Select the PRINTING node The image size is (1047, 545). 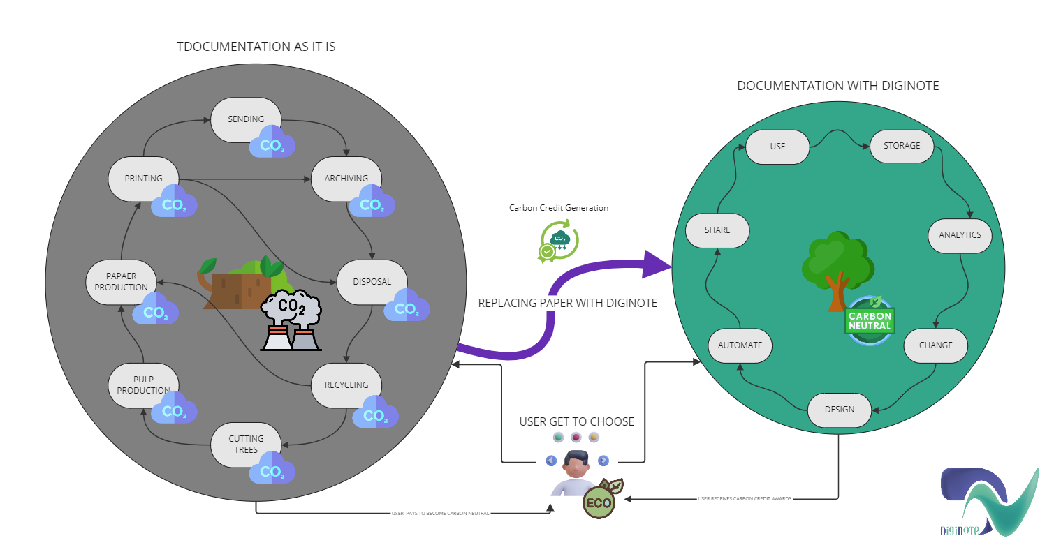coord(143,179)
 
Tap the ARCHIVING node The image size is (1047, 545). coord(346,179)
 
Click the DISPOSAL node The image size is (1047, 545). coord(372,282)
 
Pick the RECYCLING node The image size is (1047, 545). coord(346,385)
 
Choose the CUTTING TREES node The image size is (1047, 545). coord(246,445)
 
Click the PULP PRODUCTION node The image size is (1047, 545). coord(143,385)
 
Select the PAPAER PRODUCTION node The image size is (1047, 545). coord(121,282)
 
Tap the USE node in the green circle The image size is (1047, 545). coord(777,147)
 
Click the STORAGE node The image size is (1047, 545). coord(902,147)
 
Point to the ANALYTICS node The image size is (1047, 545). coord(960,235)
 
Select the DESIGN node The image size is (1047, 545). coord(840,410)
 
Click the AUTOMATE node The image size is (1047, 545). coord(740,345)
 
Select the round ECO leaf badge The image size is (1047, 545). coord(599,502)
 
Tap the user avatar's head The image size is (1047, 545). coord(577,463)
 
